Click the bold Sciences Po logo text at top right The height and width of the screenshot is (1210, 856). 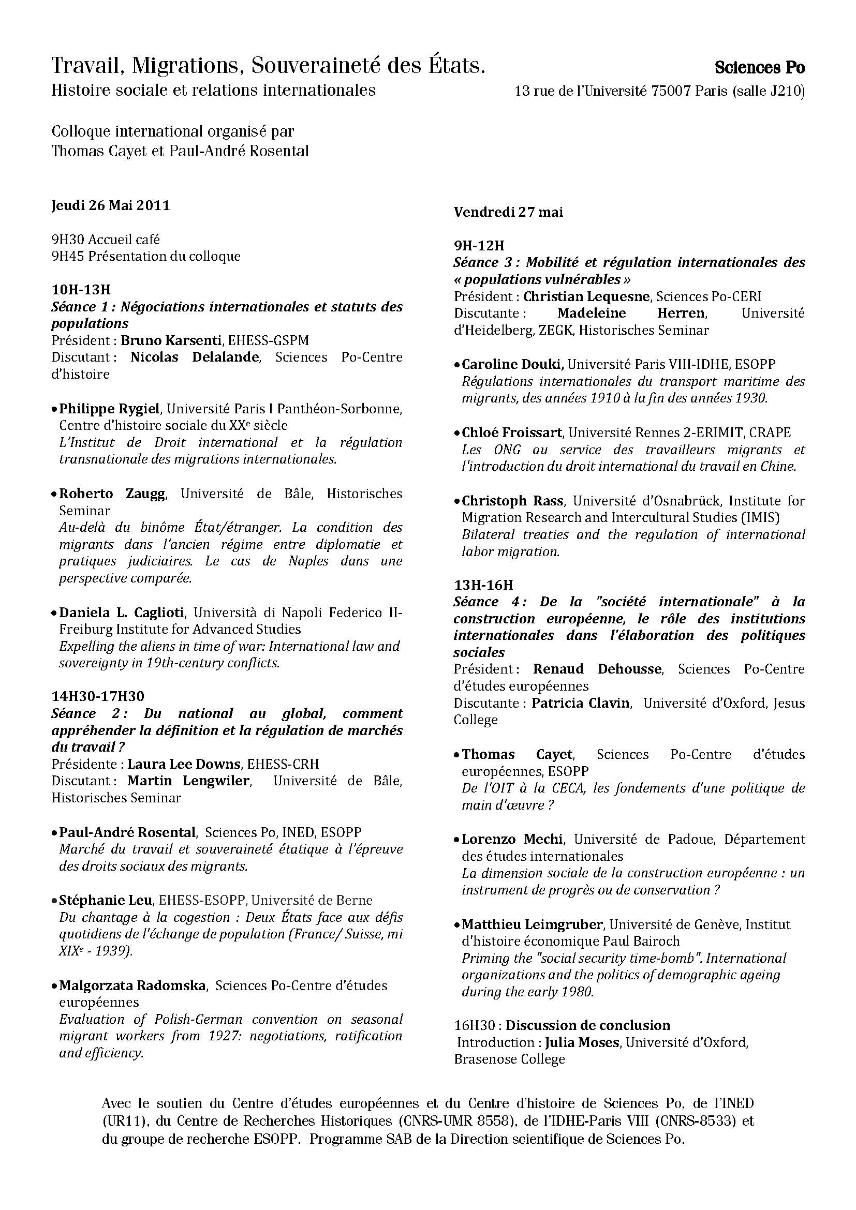click(760, 67)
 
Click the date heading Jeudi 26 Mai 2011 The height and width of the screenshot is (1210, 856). click(111, 205)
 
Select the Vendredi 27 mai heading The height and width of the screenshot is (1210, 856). click(508, 212)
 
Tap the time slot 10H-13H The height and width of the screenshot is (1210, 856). click(81, 289)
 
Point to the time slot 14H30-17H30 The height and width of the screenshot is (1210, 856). click(97, 696)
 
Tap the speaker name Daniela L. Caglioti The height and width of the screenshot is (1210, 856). click(122, 613)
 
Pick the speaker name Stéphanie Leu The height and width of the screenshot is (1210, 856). click(106, 900)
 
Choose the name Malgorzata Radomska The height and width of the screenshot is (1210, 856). click(132, 985)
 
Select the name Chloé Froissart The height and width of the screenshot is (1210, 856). click(512, 432)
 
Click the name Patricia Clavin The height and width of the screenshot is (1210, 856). click(580, 703)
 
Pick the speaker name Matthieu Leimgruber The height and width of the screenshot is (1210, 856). click(532, 924)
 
